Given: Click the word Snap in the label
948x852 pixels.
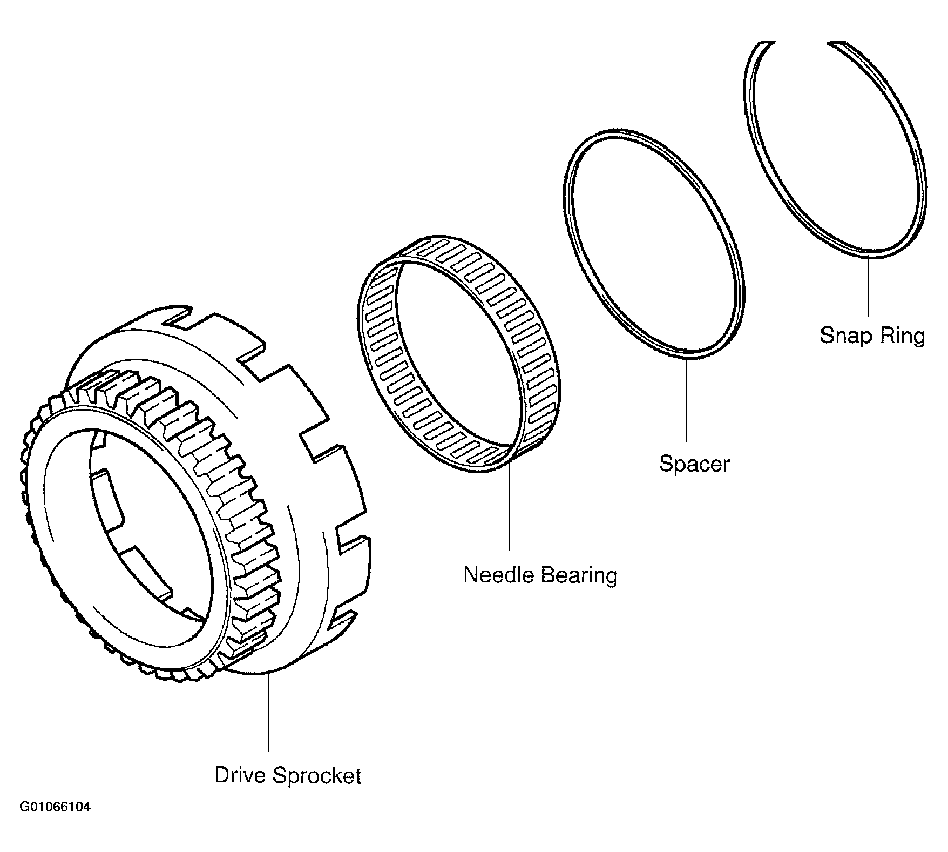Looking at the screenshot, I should pos(842,336).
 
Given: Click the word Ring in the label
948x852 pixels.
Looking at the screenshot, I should pos(901,336).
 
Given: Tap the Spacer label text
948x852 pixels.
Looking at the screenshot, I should pos(694,464).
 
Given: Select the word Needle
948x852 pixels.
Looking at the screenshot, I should pos(499,575).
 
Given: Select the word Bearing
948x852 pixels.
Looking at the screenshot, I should pos(578,576).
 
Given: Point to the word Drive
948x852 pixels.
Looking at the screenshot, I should pos(240,775).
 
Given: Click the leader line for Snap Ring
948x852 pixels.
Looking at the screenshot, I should pos(868,286).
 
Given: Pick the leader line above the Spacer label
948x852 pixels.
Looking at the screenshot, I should pos(687,400).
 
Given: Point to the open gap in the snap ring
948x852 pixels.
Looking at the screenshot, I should pos(802,42).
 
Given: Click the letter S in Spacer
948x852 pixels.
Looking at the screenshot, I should pos(666,464).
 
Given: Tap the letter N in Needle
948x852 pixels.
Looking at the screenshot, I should pos(470,575).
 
